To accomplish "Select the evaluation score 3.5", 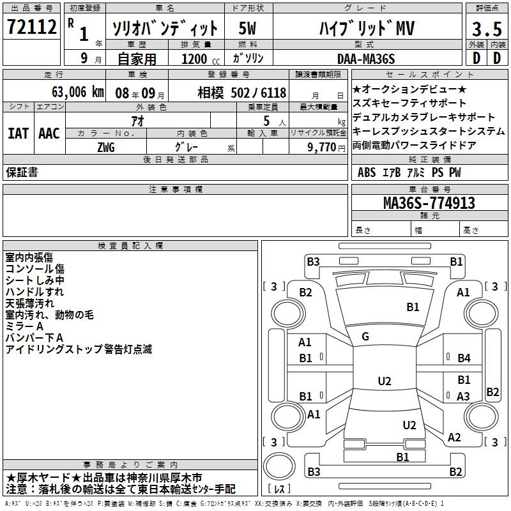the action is coord(486,29).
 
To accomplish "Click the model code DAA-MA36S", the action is coord(366,59).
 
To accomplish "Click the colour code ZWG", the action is coord(106,146).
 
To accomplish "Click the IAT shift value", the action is coord(18,133).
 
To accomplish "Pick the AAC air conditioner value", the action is coord(49,133).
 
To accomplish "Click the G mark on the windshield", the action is coord(365,336).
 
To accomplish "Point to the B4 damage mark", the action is coord(464,358).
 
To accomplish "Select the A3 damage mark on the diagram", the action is coord(464,396).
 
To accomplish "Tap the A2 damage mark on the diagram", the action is coord(454,438).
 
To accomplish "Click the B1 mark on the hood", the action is coord(413,307).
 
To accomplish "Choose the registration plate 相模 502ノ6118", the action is coord(242,93).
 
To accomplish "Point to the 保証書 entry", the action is coord(22,172).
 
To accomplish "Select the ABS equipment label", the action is coord(367,172).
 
